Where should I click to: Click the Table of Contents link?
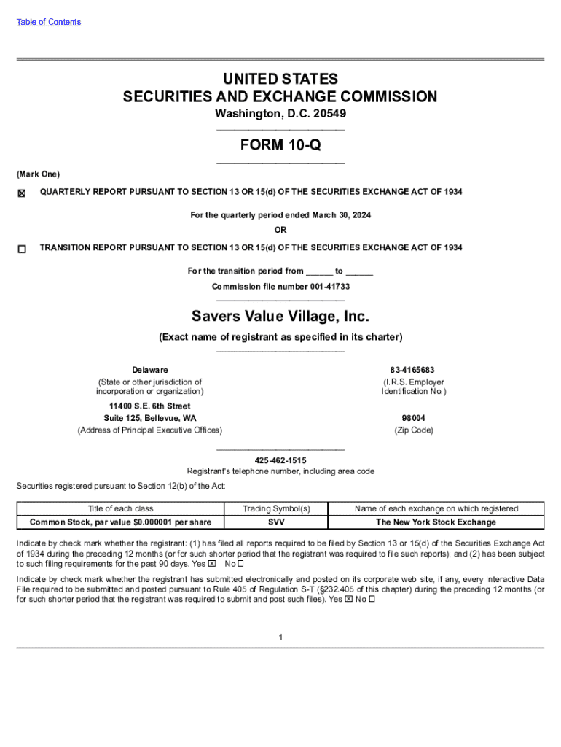point(49,22)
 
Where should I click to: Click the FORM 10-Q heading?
point(280,145)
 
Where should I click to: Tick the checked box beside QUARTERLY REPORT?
point(22,193)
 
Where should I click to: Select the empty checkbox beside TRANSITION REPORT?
point(22,249)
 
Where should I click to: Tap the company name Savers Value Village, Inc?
point(280,317)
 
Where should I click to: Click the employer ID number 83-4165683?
point(413,370)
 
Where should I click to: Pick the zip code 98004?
point(413,418)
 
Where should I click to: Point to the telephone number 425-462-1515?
point(280,460)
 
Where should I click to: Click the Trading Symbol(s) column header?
point(277,508)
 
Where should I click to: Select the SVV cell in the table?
point(277,522)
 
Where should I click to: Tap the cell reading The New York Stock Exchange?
point(436,522)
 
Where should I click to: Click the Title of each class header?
point(121,508)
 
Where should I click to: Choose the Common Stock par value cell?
point(121,522)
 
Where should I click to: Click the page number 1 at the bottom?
point(280,638)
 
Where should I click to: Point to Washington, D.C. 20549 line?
point(280,114)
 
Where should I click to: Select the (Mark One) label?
point(38,174)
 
